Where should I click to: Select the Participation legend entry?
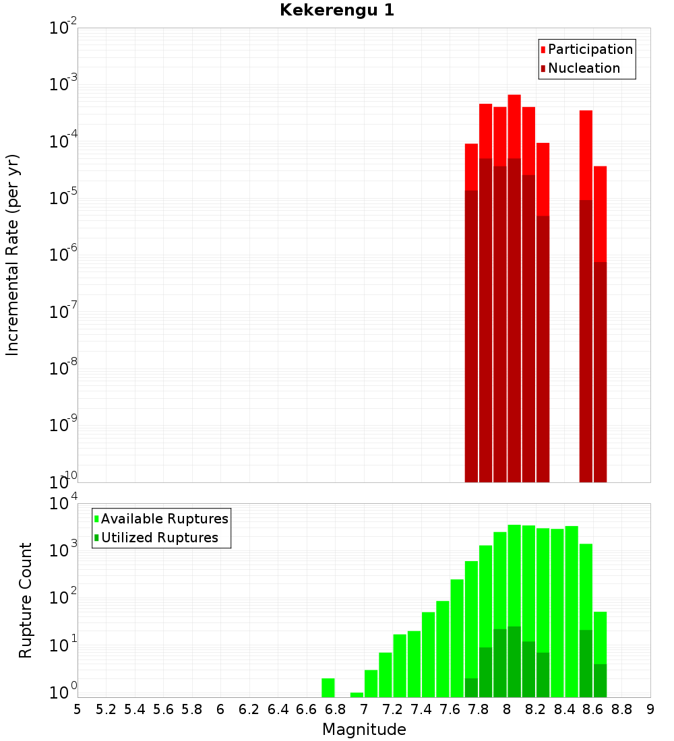point(590,49)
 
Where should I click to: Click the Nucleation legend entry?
point(583,68)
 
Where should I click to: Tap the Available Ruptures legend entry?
point(164,519)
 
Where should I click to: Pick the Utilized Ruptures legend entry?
point(159,538)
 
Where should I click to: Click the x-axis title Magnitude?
point(364,730)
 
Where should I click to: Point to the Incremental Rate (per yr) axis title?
point(12,255)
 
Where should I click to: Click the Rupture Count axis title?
point(26,600)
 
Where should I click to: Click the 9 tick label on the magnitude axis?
point(650,709)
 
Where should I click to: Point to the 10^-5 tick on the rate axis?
point(63,198)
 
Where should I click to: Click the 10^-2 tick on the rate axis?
point(63,28)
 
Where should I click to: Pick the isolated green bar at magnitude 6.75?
point(328,688)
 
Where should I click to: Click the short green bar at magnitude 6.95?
point(357,695)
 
